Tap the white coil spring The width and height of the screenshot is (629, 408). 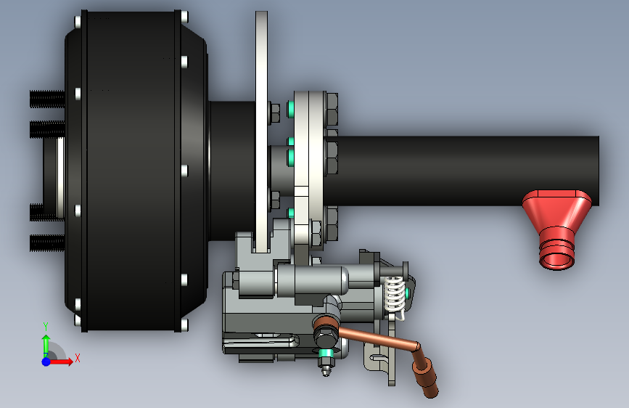click(395, 295)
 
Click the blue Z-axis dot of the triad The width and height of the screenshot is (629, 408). click(46, 362)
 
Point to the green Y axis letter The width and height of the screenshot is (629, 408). click(46, 327)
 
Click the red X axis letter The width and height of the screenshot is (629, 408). click(78, 358)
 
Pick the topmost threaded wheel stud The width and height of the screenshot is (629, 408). click(47, 99)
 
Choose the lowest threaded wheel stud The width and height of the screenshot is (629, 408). click(47, 243)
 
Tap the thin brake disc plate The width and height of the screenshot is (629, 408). click(262, 131)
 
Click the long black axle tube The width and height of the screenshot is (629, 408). click(461, 171)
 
